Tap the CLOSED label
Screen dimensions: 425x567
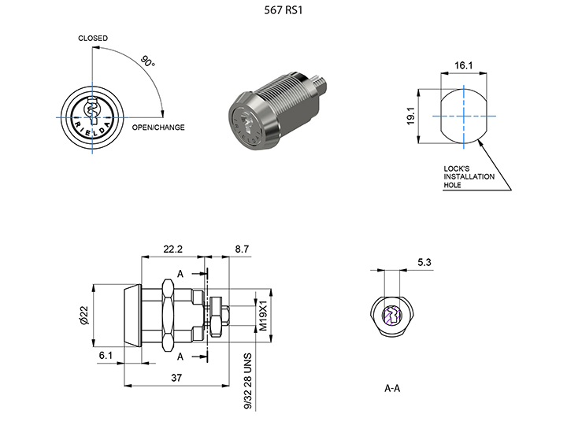[93, 39]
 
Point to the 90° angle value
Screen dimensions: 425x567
[146, 61]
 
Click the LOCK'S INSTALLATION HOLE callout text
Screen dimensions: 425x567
[469, 176]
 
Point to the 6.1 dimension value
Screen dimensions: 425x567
[106, 356]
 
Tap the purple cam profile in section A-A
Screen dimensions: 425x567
[391, 316]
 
